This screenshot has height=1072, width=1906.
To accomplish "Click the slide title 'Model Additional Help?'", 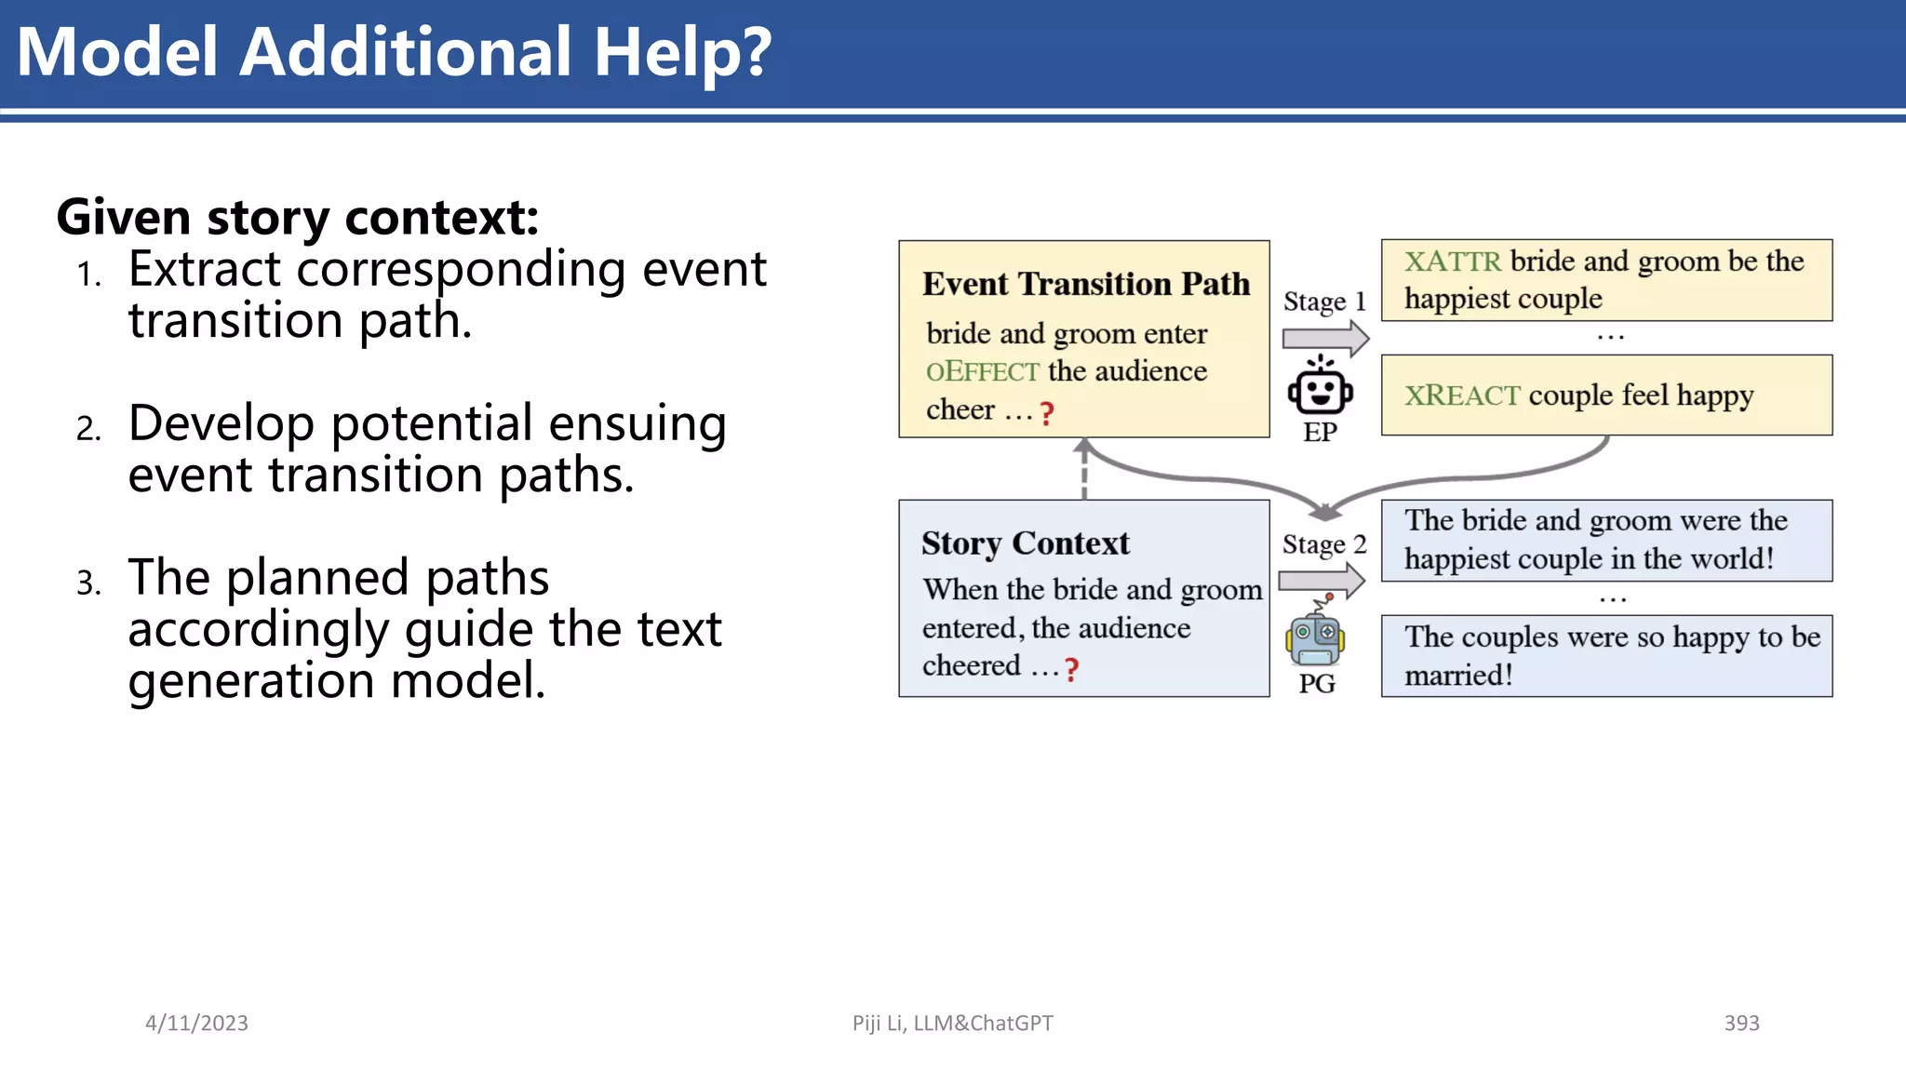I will click(x=394, y=52).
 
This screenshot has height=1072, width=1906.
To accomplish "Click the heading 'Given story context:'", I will click(x=298, y=217).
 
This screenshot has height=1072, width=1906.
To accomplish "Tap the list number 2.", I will click(x=88, y=429).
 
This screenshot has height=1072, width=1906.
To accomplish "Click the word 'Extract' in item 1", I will click(x=204, y=270).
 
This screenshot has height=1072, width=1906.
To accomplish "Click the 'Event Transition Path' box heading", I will click(x=1085, y=284).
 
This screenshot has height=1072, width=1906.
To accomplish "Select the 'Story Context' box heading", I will click(x=1025, y=543).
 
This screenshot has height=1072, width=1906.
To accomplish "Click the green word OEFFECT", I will click(x=982, y=372).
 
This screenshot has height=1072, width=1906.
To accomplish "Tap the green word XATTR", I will click(x=1452, y=261).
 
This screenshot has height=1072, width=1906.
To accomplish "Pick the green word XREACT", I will click(x=1461, y=395).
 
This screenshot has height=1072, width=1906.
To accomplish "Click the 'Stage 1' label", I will click(x=1323, y=301).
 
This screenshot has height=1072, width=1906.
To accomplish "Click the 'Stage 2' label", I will click(x=1323, y=544).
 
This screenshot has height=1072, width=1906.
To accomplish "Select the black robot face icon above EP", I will click(x=1320, y=388).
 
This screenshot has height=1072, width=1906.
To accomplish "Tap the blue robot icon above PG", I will click(x=1315, y=636).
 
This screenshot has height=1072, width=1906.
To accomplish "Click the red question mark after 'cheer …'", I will click(x=1047, y=413).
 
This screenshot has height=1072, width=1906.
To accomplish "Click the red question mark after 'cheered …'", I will click(x=1072, y=669).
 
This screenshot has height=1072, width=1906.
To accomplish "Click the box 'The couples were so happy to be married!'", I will click(x=1606, y=655).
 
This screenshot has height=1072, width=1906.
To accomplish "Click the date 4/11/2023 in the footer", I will click(x=196, y=1023).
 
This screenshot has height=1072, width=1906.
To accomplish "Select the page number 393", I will click(x=1741, y=1023).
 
